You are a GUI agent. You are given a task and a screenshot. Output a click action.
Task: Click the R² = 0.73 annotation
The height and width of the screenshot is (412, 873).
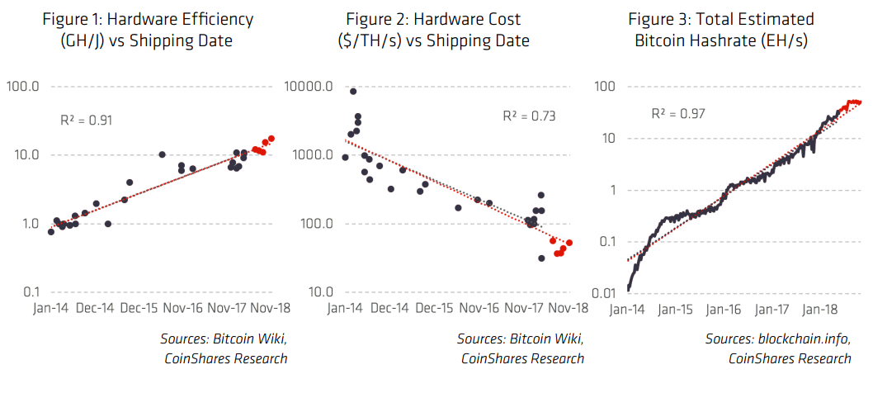point(530,116)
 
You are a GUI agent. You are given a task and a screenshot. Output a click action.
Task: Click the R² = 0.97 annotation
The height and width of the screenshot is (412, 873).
point(677,114)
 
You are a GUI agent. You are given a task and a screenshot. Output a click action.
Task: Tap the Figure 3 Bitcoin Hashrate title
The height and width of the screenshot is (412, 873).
point(720,29)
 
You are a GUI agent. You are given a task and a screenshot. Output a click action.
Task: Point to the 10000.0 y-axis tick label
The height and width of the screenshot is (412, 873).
point(309,87)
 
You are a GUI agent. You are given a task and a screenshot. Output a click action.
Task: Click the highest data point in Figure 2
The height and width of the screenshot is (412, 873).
point(353,92)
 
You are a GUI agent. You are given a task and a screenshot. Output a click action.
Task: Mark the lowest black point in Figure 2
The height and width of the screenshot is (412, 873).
point(541,258)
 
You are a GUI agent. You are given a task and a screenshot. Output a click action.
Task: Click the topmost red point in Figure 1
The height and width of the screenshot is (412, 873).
point(271,139)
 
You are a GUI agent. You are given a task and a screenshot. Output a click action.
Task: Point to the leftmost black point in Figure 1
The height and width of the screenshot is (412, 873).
point(51,232)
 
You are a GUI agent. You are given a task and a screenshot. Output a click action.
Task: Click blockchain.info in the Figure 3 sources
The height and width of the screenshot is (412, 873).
point(801,339)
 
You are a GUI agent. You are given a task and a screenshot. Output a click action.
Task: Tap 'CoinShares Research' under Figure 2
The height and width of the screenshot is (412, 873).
point(522,358)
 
